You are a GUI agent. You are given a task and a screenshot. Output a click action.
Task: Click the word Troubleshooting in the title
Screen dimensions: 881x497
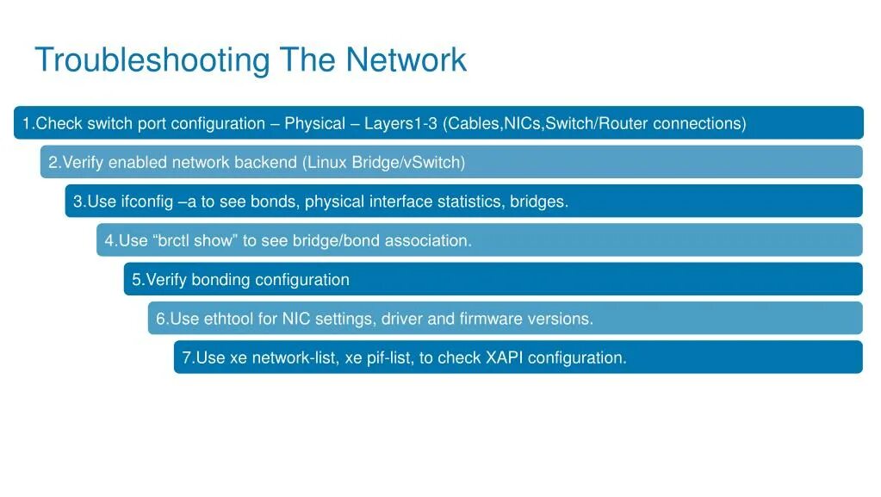[x=152, y=60]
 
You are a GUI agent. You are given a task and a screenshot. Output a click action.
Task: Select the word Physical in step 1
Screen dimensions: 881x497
[x=314, y=123]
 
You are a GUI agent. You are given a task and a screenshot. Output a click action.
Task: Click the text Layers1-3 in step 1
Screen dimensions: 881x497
[x=401, y=123]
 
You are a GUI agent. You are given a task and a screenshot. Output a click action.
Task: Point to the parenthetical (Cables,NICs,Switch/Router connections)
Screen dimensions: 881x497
[x=594, y=123]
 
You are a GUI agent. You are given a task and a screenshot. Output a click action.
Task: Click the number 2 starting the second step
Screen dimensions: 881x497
[x=53, y=163]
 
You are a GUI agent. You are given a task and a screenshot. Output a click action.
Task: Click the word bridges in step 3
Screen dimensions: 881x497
[x=537, y=202]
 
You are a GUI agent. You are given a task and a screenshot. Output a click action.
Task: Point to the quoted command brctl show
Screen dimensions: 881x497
[x=194, y=241]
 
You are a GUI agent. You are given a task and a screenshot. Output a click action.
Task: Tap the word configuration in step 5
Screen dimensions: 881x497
[x=302, y=280]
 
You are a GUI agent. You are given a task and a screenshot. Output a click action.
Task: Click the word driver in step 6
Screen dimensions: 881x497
[x=402, y=320]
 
